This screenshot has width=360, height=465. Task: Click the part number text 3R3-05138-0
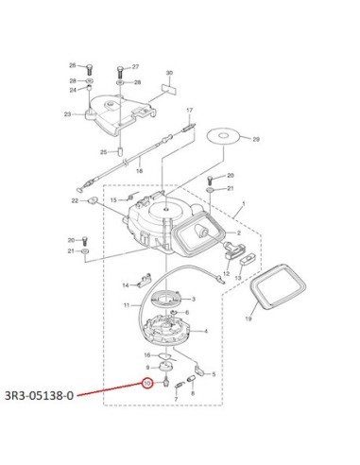[40, 395]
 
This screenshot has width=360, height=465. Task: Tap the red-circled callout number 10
[147, 384]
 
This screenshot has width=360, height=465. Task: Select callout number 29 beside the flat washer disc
[256, 139]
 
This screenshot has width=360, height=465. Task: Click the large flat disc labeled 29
[223, 136]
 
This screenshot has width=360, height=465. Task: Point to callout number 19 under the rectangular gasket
[249, 319]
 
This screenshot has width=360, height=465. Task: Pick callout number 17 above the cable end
[189, 111]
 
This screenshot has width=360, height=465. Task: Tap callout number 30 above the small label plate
[169, 73]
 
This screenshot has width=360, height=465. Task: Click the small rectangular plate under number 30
[169, 88]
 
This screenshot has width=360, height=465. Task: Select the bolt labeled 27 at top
[119, 73]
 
